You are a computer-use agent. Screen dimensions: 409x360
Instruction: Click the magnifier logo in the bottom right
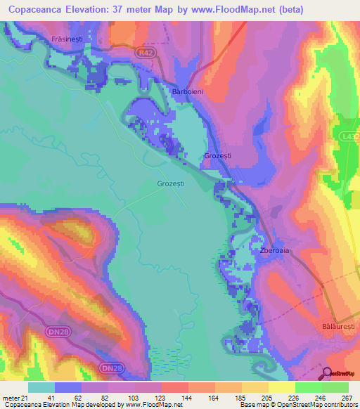click(x=327, y=374)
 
